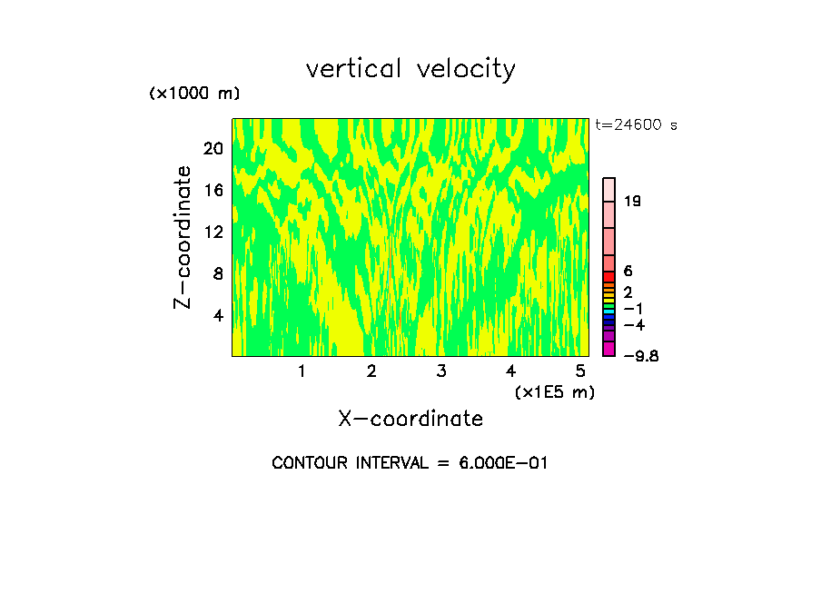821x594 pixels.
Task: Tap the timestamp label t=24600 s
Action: pos(636,125)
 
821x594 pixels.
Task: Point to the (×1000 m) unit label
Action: pos(194,94)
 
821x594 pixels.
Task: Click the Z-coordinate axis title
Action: pos(183,237)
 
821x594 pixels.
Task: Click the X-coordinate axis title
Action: pos(410,419)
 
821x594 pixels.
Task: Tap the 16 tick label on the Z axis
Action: pos(213,190)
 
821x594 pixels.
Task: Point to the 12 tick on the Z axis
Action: pos(213,232)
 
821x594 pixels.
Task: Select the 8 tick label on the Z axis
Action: pos(217,273)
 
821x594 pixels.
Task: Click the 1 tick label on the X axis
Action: pos(302,371)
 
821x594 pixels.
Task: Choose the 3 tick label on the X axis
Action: pos(441,371)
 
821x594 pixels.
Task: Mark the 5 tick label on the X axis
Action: pos(580,371)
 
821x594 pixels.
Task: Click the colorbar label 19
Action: pos(632,201)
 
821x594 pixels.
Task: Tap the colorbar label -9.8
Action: pos(640,355)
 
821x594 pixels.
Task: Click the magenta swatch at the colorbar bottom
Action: pos(609,349)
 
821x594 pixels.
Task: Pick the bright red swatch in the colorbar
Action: pos(609,277)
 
